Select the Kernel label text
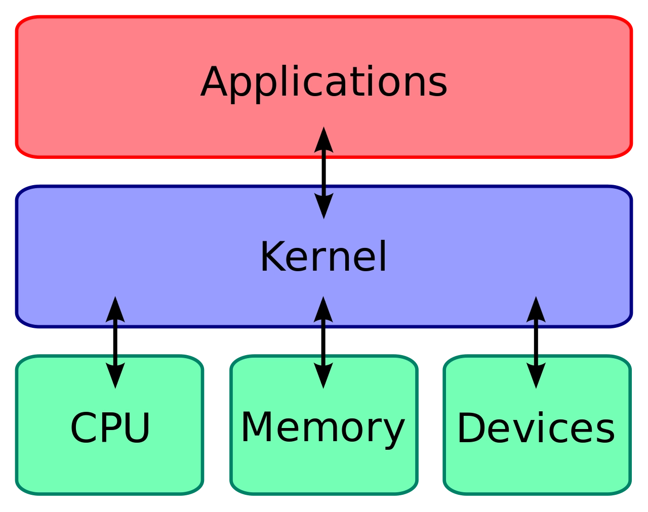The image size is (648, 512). [x=323, y=257]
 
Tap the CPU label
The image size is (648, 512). [x=110, y=428]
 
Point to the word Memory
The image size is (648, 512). [x=323, y=431]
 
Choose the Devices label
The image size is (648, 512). [x=536, y=428]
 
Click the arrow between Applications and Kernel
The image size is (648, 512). [x=323, y=173]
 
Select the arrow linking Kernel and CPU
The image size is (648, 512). [x=115, y=343]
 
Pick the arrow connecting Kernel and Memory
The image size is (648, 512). [x=323, y=343]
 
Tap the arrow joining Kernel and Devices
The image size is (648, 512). [x=536, y=343]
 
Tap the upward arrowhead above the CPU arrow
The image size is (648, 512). [x=115, y=310]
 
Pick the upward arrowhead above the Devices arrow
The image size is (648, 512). [x=536, y=310]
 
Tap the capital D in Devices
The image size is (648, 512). [x=471, y=427]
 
